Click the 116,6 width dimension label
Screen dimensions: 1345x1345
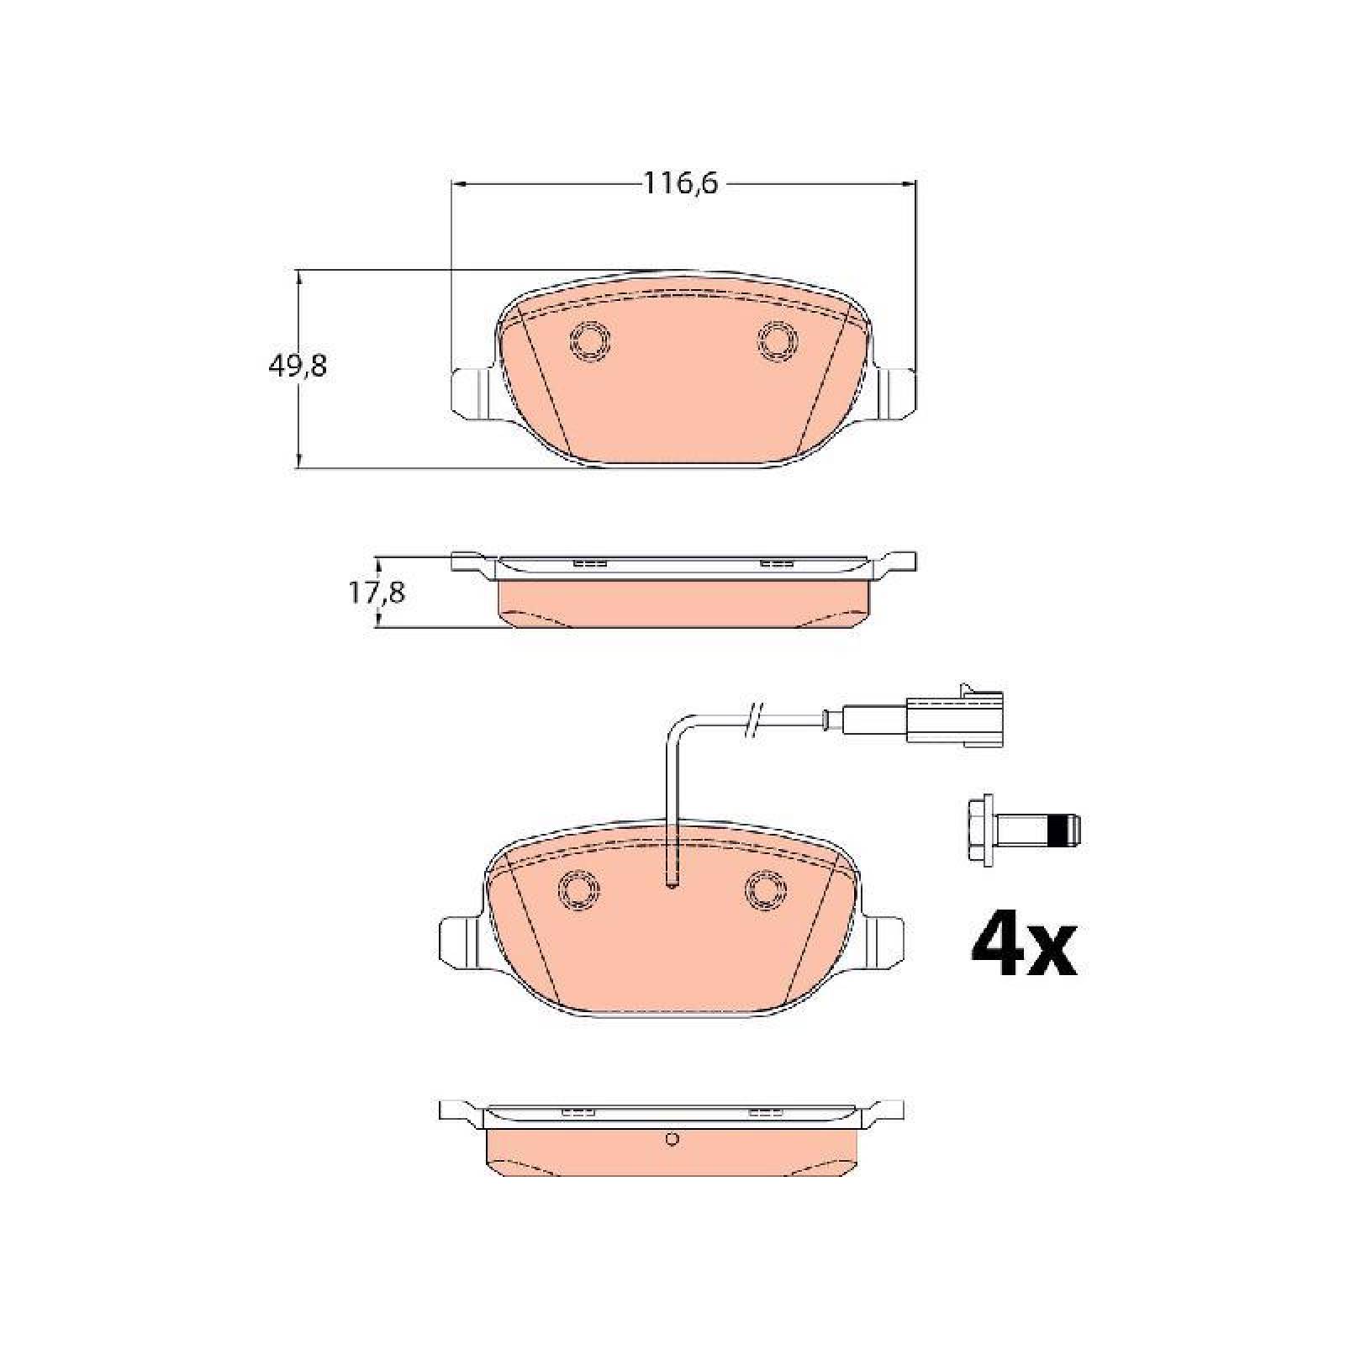681,183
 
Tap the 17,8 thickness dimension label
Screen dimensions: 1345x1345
377,593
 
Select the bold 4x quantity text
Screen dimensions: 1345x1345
1023,947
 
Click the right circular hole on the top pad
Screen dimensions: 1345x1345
778,340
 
